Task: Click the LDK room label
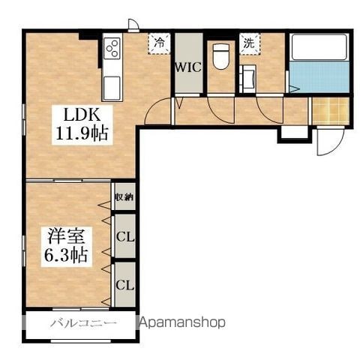(82, 115)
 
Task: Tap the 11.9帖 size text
(82, 133)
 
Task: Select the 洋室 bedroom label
(66, 236)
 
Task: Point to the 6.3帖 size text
(66, 254)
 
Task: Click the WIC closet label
(188, 67)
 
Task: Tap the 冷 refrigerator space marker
(159, 43)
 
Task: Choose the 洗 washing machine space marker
(249, 43)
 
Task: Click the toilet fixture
(221, 55)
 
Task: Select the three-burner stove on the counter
(112, 49)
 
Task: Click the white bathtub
(319, 47)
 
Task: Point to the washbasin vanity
(247, 79)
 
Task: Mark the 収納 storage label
(124, 197)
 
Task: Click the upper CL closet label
(125, 237)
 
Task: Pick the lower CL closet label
(124, 285)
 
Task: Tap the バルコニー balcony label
(83, 323)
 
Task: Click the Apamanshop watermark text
(182, 322)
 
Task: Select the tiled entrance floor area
(331, 110)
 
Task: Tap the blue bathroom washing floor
(319, 76)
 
